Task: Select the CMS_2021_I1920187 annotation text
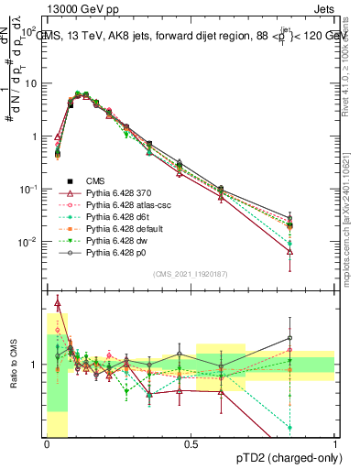tap(190, 272)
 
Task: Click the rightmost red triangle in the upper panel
tap(290, 251)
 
